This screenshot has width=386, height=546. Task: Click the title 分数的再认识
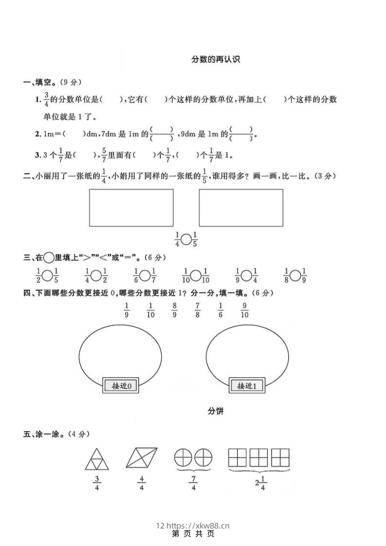pos(216,60)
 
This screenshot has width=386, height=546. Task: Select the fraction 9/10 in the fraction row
pos(244,310)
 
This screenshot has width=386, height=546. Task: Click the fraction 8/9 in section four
pos(174,310)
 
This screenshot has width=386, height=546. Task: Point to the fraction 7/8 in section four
pos(198,310)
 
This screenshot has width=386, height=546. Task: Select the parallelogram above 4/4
pos(142,458)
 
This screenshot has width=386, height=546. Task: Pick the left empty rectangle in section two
pos(131,208)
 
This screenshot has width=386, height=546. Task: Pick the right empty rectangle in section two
pos(241,208)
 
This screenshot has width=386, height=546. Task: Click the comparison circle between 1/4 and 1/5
pos(186,239)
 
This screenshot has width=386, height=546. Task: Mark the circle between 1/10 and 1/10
pos(196,276)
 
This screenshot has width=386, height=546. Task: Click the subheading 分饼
pos(216,411)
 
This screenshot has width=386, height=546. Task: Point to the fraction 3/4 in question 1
pos(47,99)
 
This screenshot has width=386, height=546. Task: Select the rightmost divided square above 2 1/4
pos(280,458)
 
